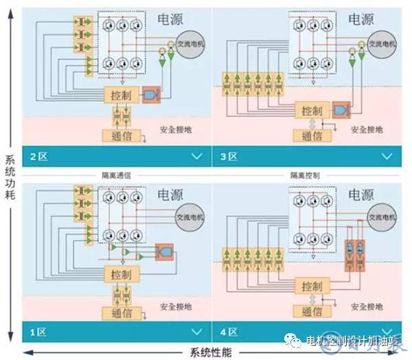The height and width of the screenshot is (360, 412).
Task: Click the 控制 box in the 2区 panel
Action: pos(119,93)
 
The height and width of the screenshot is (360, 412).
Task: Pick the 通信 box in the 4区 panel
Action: pos(310,311)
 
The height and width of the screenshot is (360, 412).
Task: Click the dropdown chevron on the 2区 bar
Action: pos(197,157)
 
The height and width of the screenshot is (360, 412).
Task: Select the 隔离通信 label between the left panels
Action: pos(115,175)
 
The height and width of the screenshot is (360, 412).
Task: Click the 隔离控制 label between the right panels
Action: pos(304,175)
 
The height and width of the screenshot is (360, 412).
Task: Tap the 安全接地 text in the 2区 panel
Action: pos(174,128)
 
